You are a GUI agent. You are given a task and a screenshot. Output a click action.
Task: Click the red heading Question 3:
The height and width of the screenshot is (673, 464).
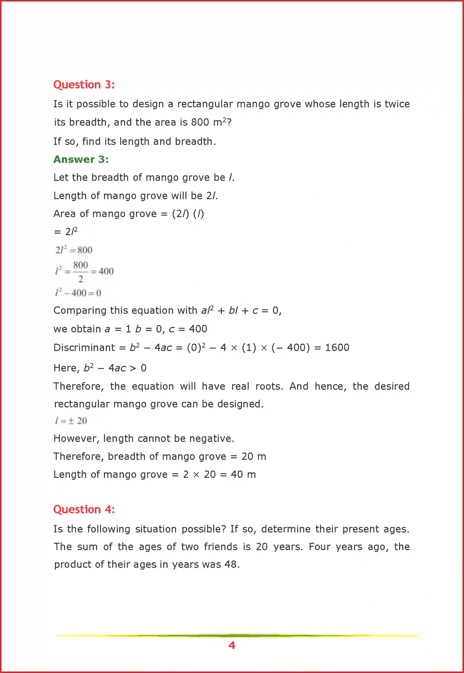(x=84, y=85)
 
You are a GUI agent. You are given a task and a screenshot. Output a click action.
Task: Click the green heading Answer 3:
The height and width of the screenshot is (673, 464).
(x=81, y=159)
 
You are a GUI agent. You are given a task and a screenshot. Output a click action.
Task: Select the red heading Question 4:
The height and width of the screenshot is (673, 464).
(x=84, y=510)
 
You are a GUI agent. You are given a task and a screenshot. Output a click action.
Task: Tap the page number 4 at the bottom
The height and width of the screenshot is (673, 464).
(x=232, y=645)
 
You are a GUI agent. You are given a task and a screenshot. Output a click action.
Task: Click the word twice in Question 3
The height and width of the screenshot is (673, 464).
(x=397, y=104)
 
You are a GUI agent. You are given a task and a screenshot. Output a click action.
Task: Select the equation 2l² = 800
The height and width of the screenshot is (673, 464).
(x=74, y=250)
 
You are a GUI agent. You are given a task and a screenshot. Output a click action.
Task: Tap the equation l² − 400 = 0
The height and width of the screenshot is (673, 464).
(x=78, y=293)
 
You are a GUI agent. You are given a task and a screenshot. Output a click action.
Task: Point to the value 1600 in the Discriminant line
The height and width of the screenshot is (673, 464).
(x=337, y=348)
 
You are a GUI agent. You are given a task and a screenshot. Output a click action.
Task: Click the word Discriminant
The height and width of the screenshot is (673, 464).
(x=84, y=348)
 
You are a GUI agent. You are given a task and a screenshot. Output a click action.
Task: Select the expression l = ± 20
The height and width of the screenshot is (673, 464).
(x=71, y=421)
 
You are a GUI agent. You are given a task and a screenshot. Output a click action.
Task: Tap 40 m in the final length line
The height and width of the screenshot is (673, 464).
(x=243, y=474)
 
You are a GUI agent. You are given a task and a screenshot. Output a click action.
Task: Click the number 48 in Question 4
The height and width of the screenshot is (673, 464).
(x=230, y=564)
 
